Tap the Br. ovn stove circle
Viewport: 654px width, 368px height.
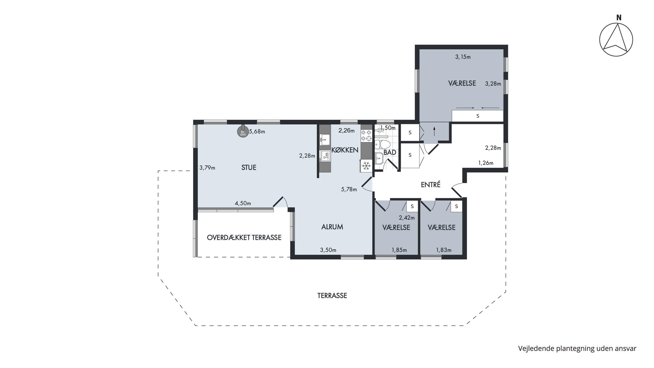tap(243, 132)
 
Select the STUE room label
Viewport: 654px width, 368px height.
tap(249, 168)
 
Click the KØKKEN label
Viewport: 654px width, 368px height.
tap(345, 150)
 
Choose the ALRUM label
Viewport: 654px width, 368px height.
tap(332, 227)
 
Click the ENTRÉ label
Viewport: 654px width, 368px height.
tap(431, 185)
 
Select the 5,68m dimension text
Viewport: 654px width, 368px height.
tap(257, 132)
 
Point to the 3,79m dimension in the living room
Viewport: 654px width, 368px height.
tap(207, 168)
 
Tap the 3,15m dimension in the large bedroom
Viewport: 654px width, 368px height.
tap(463, 57)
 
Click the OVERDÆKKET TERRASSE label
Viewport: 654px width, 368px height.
tap(244, 238)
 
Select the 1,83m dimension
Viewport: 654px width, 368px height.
tap(444, 250)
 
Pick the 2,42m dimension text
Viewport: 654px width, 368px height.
tap(407, 218)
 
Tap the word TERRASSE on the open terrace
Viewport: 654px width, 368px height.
tap(332, 296)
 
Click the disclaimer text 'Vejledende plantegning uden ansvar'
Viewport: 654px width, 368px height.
tap(577, 348)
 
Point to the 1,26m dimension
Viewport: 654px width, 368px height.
tap(486, 163)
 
